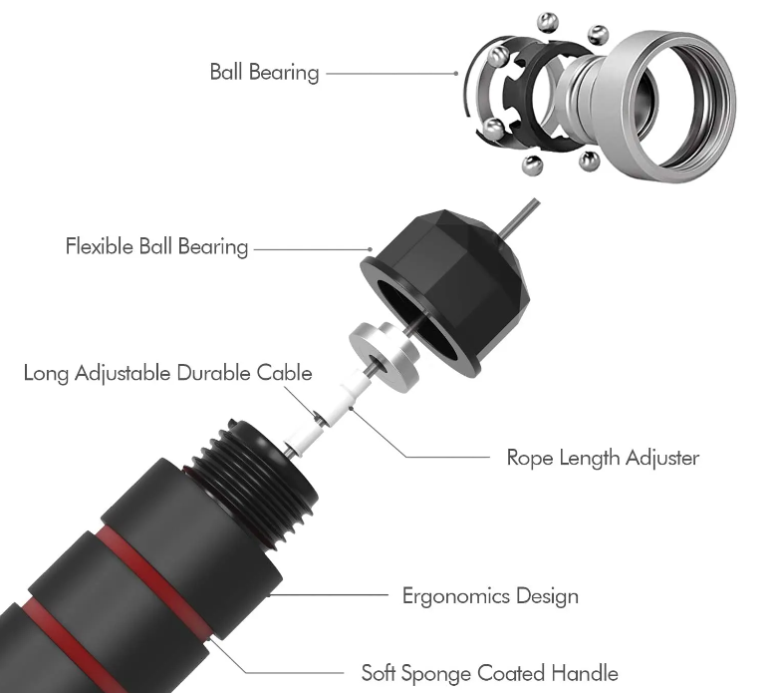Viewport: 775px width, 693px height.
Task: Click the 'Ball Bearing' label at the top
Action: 264,72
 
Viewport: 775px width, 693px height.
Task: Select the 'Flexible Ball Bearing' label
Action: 156,245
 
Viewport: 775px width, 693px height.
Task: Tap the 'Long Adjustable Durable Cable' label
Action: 168,373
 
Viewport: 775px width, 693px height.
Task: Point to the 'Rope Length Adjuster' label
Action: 603,458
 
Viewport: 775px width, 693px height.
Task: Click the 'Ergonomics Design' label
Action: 489,596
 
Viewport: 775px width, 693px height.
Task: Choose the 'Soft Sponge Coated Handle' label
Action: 489,673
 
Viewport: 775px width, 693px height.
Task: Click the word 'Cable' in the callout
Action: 287,373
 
